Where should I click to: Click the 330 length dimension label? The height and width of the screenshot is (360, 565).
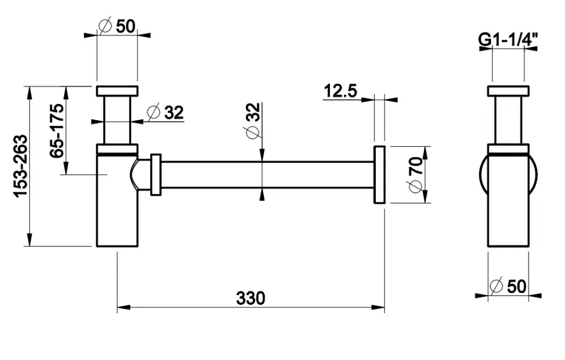250,298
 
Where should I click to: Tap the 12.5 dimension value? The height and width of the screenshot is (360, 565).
340,90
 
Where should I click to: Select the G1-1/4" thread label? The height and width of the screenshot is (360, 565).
508,39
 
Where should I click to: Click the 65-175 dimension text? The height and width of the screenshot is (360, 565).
57,131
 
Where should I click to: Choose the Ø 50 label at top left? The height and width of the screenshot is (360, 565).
116,26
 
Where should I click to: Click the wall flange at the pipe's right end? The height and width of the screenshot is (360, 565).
379,175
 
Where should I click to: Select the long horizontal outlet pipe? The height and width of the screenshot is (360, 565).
265,175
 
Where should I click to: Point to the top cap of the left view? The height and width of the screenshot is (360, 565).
116,91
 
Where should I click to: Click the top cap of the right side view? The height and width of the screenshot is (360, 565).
508,91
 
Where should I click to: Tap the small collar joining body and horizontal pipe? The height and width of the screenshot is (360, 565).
155,174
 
